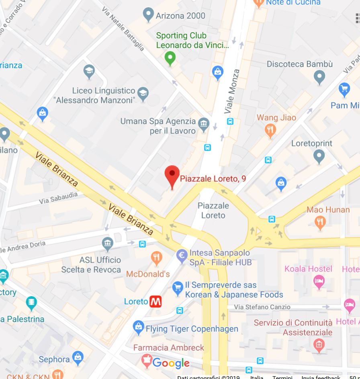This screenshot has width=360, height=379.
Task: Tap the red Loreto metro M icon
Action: (155, 301)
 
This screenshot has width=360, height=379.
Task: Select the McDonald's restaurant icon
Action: (157, 258)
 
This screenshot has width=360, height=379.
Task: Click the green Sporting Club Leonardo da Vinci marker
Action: (170, 58)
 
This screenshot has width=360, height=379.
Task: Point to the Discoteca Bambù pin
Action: (319, 76)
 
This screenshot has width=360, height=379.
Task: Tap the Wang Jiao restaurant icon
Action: (270, 130)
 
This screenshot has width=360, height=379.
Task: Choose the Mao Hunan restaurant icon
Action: (320, 222)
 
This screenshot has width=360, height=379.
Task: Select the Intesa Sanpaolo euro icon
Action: (182, 254)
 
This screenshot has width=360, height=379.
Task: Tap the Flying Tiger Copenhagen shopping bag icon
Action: (139, 327)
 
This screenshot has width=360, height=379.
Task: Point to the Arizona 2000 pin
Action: (149, 15)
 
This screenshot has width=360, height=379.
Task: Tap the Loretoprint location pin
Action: (319, 156)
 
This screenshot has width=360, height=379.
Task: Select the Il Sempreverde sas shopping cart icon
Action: (178, 287)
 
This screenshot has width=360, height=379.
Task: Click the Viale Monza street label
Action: (232, 92)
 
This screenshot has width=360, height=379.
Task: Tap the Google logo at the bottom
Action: (171, 363)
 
